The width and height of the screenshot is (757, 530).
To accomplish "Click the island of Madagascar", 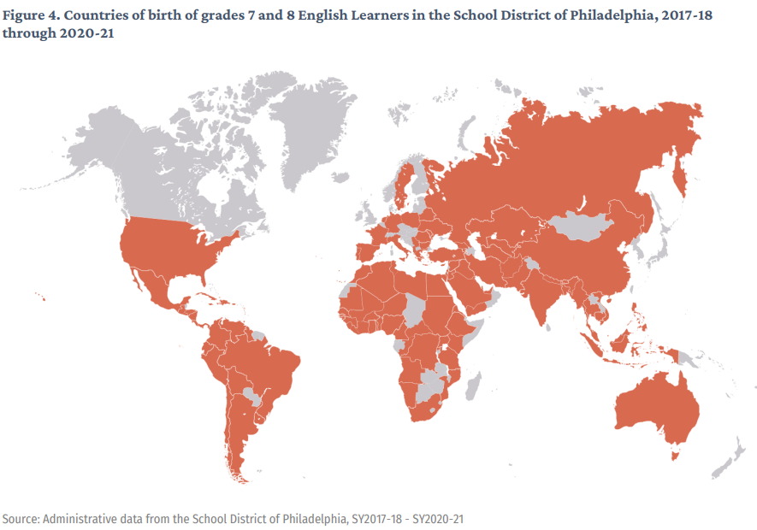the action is pos(473,381).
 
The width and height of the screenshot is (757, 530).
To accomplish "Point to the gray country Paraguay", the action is pos(251,395).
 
